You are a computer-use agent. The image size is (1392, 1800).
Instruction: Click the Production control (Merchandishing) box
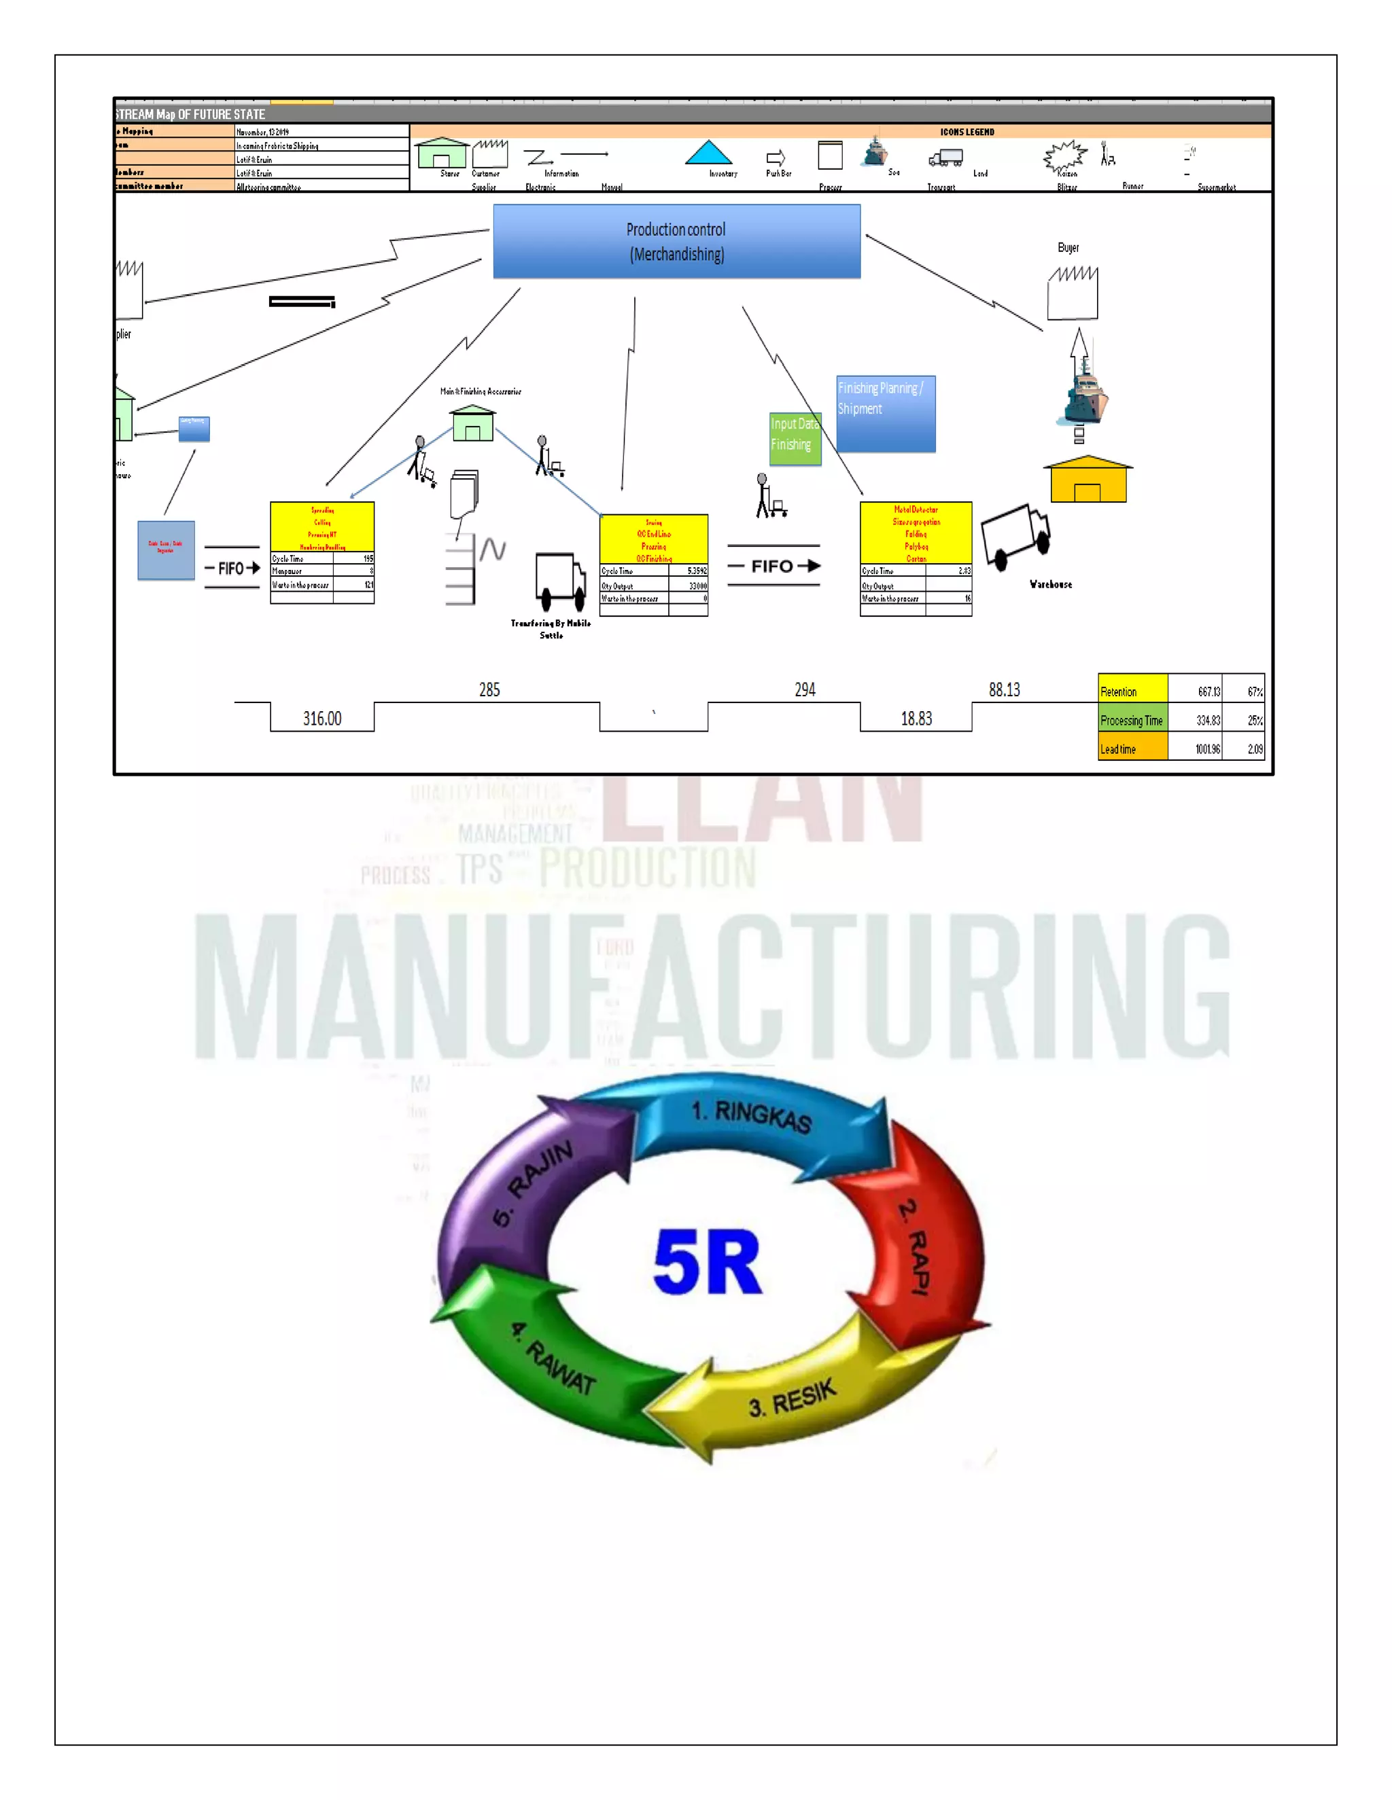coord(676,242)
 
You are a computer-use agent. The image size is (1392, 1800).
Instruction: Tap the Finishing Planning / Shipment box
coord(886,414)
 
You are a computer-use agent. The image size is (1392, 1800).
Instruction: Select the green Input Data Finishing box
coord(795,439)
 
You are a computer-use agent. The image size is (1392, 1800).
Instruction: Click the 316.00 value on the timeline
coord(321,719)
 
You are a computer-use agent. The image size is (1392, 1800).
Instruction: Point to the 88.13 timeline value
coord(1004,690)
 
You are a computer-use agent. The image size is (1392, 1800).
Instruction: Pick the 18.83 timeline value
coord(916,719)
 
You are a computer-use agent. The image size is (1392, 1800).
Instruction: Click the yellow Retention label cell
coord(1132,691)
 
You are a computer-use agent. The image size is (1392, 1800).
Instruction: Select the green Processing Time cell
coord(1132,719)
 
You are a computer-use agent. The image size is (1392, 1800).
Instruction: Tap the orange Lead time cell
coord(1132,749)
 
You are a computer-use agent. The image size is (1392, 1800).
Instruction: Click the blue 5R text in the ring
coord(707,1262)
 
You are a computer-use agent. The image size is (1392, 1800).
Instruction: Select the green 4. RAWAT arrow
coord(544,1368)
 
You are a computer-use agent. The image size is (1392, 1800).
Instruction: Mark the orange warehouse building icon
coord(1087,480)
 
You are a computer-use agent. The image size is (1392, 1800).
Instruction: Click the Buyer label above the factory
coord(1068,247)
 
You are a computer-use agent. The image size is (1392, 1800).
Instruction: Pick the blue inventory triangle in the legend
coord(708,154)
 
